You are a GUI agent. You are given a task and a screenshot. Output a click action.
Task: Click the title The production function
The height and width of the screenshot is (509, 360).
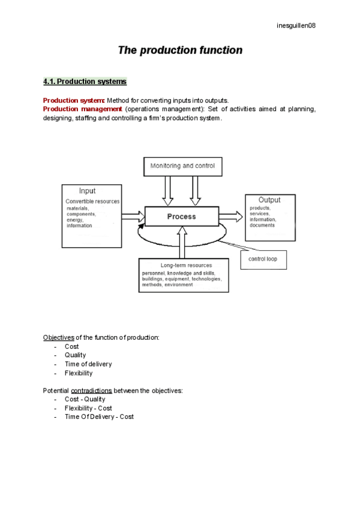coord(180,50)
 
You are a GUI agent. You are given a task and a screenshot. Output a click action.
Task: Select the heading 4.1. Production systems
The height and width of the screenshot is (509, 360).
coord(85,81)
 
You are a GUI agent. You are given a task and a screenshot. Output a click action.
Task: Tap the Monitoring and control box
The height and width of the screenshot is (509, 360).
coord(182,166)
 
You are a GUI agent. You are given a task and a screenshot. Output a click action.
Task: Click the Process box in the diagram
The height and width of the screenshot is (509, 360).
coord(181,216)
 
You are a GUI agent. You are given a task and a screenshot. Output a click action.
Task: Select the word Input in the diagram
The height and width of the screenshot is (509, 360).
coord(88,191)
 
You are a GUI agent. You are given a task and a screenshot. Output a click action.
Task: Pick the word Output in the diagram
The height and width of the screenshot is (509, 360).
coord(269,200)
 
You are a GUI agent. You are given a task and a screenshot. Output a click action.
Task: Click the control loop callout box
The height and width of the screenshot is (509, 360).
coord(267,259)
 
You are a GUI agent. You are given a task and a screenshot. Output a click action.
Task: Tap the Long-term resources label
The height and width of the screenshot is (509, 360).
coord(183,265)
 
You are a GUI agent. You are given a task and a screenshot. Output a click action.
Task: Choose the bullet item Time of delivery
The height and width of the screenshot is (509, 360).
coord(88,364)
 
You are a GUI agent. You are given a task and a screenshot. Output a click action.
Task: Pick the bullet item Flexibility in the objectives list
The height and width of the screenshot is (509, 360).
coord(79,373)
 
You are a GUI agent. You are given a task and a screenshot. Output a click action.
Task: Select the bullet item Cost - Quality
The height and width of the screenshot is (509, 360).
coord(85,399)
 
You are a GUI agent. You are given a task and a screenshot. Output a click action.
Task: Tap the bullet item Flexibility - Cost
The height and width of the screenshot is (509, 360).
coord(88,408)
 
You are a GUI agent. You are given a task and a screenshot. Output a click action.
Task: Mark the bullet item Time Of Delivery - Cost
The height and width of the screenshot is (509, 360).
coord(99,417)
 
